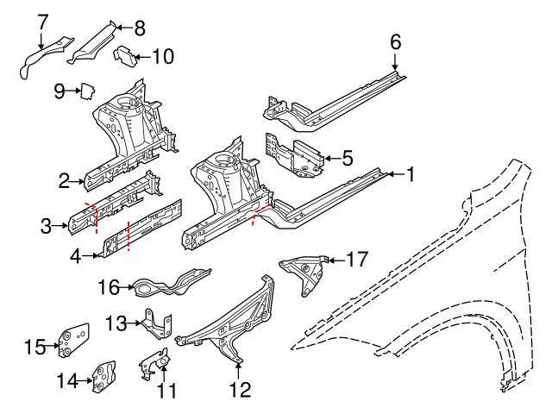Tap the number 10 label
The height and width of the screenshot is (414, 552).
tap(162, 57)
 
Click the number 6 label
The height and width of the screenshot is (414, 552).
tap(396, 41)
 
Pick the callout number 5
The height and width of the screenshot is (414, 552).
tap(348, 158)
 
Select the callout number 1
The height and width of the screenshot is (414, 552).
tap(411, 174)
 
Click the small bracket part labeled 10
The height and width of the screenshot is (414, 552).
tap(127, 56)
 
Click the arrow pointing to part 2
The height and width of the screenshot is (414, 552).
tap(81, 181)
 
